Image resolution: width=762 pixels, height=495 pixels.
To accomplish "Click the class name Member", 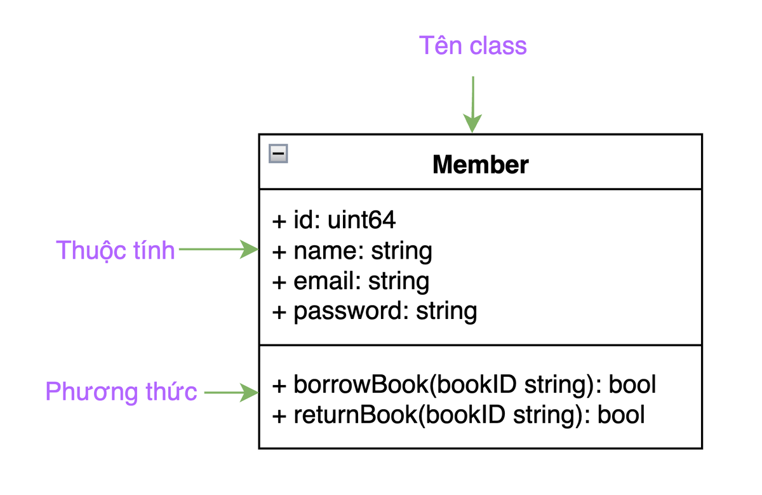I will [480, 165].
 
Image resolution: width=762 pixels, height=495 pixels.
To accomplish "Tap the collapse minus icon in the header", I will [278, 154].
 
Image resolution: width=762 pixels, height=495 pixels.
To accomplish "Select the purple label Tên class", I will [472, 46].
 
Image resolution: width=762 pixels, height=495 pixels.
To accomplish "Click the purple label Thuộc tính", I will [115, 250].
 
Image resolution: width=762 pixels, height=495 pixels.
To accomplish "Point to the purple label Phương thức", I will [121, 391].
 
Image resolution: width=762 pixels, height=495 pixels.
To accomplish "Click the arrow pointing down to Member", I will [472, 104].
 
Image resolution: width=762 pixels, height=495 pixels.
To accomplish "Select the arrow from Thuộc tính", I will [218, 250].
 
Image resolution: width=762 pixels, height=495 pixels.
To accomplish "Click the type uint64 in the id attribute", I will [362, 220].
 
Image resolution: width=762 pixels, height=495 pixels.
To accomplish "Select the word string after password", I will [446, 311].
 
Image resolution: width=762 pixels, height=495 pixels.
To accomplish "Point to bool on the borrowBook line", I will [632, 385].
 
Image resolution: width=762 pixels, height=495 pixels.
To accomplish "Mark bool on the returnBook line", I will [621, 415].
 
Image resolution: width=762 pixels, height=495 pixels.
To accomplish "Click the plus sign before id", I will [279, 221].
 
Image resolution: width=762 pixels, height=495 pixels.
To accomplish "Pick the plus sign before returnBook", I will [279, 416].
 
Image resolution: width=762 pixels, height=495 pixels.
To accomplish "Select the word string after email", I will [399, 281].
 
